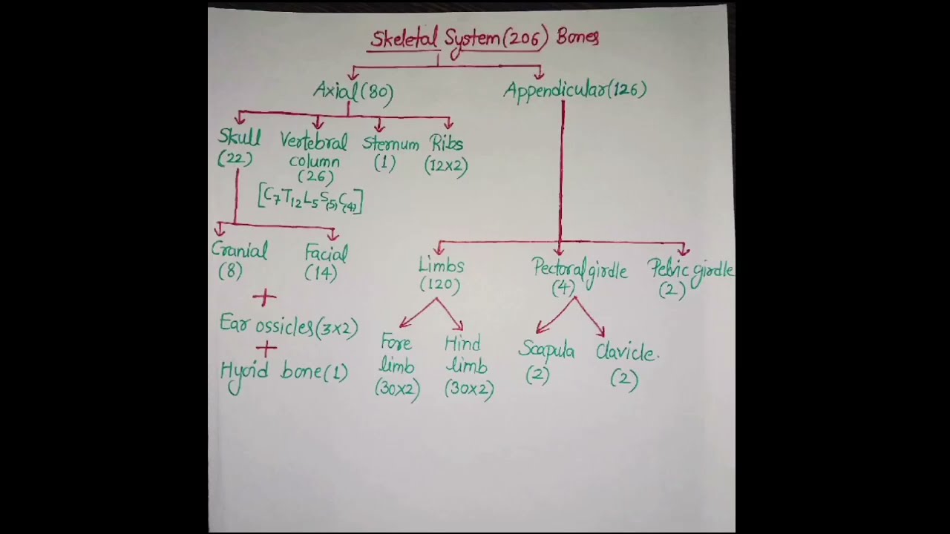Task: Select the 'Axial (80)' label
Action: tap(353, 91)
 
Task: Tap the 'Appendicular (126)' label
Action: tap(575, 90)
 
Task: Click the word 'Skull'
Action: tap(239, 138)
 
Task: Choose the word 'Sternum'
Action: tap(390, 144)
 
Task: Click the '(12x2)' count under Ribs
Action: tap(446, 166)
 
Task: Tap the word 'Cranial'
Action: tap(239, 251)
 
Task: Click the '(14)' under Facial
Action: tap(321, 273)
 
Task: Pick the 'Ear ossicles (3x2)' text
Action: tap(289, 326)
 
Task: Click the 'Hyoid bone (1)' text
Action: tap(284, 372)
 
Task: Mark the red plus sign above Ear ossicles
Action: tap(264, 298)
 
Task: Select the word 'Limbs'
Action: tap(441, 266)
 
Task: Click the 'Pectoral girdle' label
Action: tap(580, 270)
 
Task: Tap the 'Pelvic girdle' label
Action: tap(690, 270)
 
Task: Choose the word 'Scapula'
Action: tap(546, 351)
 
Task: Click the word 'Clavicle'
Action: tap(626, 353)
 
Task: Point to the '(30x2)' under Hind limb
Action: tap(469, 389)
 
